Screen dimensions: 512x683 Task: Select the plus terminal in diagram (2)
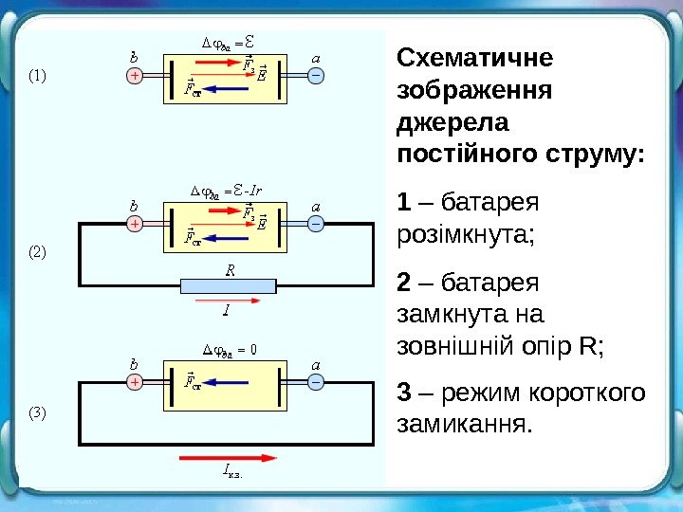click(x=135, y=224)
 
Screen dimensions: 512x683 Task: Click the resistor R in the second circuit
click(x=229, y=285)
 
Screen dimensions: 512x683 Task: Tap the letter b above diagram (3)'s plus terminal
click(x=134, y=363)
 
